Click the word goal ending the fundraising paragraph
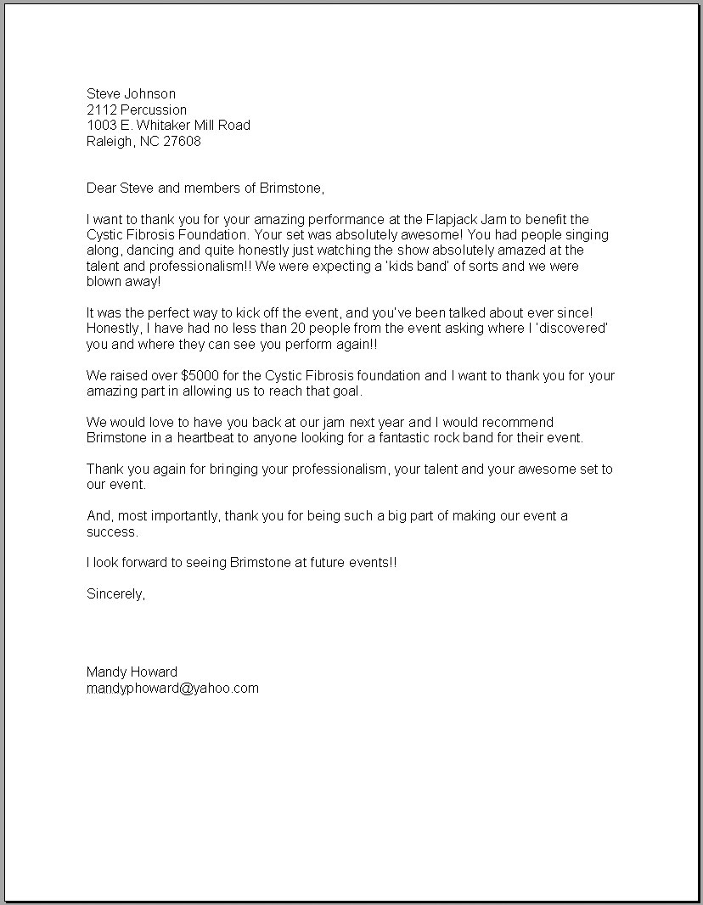(x=347, y=391)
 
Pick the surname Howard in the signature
(x=155, y=672)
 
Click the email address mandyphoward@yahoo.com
(x=172, y=688)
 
